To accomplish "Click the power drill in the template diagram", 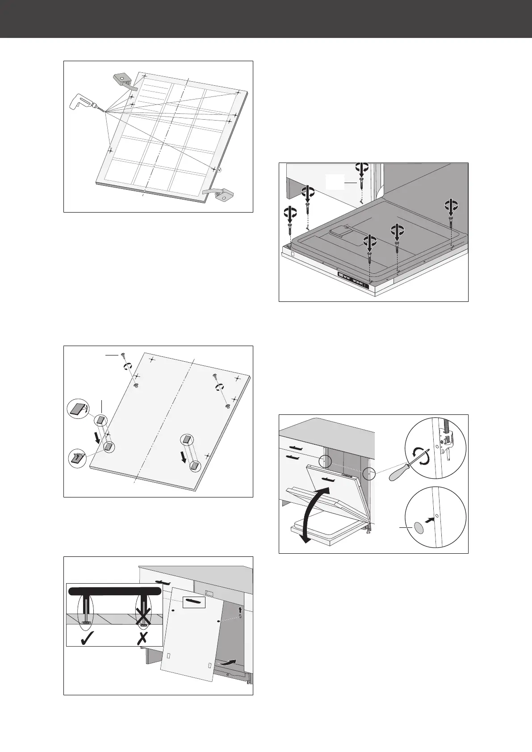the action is click(82, 102).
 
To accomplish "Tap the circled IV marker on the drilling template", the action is click(219, 170).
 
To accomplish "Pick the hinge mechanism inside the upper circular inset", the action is click(445, 441).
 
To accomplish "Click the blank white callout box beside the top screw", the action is click(335, 182).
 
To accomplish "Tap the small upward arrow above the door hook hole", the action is click(240, 609).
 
